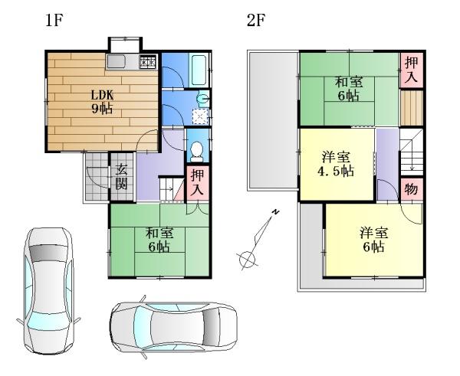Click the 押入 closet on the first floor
(x=196, y=181)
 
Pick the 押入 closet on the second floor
(x=412, y=69)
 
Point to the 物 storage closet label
(x=411, y=188)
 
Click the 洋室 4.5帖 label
(x=337, y=165)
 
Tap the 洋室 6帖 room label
(x=374, y=240)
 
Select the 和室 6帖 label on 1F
(x=159, y=240)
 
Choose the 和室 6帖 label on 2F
(x=348, y=88)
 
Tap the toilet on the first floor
(x=196, y=149)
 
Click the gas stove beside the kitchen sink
(x=148, y=61)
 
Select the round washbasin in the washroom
(x=202, y=98)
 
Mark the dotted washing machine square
(x=201, y=116)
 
